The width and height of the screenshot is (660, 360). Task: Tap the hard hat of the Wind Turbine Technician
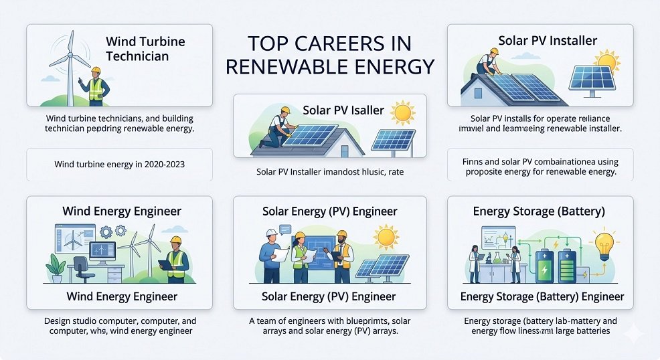point(95,70)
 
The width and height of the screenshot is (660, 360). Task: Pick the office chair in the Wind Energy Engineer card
point(80,268)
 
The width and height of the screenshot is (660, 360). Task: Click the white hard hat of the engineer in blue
point(272,233)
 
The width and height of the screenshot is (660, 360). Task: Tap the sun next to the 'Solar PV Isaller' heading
point(404,112)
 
